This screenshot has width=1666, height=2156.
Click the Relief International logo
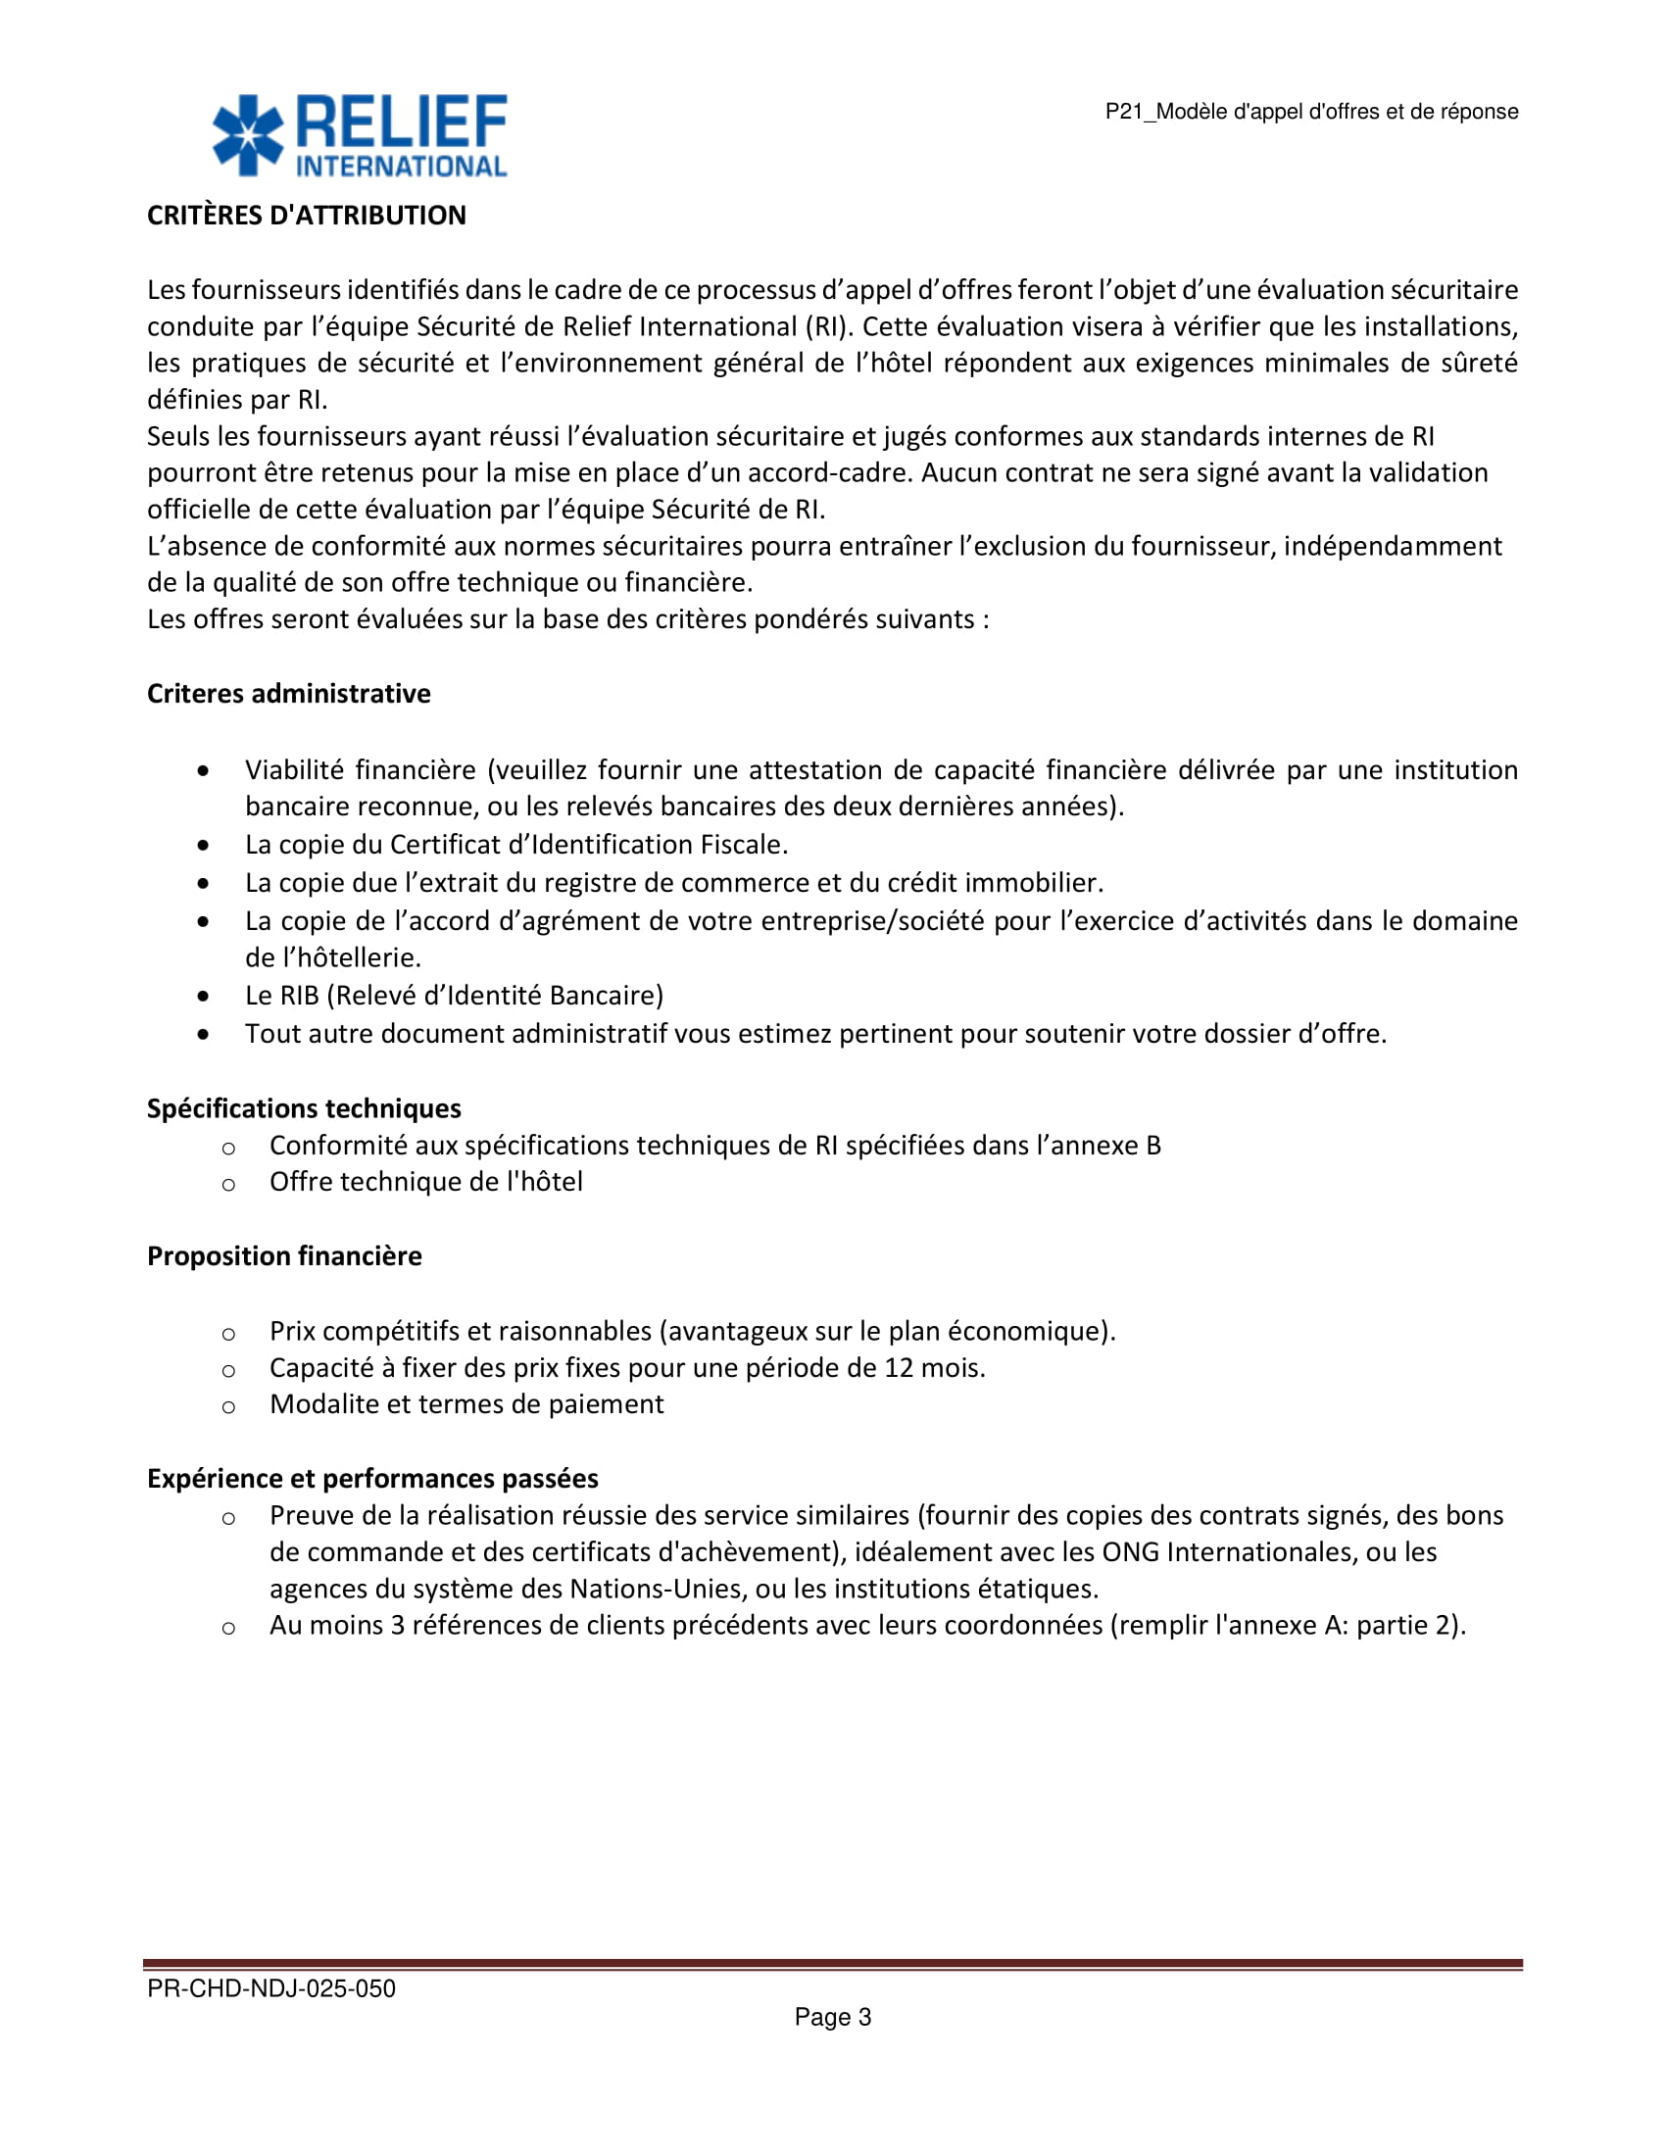pos(360,135)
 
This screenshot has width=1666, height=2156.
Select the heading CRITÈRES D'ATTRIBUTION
pos(306,216)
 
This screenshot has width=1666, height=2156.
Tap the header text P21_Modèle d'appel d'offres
pos(1310,112)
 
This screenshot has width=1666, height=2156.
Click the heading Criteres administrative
pos(288,694)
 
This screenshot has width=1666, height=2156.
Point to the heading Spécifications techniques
pos(304,1108)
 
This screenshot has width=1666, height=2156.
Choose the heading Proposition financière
pos(284,1255)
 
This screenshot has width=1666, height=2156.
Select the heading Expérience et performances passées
pos(372,1479)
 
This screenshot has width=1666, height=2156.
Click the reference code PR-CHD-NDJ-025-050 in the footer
pos(271,1989)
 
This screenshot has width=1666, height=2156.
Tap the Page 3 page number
pos(833,2018)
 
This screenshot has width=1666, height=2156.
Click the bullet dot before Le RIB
pos(203,996)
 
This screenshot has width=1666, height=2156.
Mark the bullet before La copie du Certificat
pos(203,845)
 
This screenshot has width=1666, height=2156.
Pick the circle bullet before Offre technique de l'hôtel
pos(228,1184)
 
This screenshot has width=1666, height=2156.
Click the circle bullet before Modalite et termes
pos(228,1405)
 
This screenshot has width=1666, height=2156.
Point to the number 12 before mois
pos(899,1368)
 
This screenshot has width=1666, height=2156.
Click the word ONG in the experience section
pos(1130,1553)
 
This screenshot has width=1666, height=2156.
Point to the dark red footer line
pos(833,1965)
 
